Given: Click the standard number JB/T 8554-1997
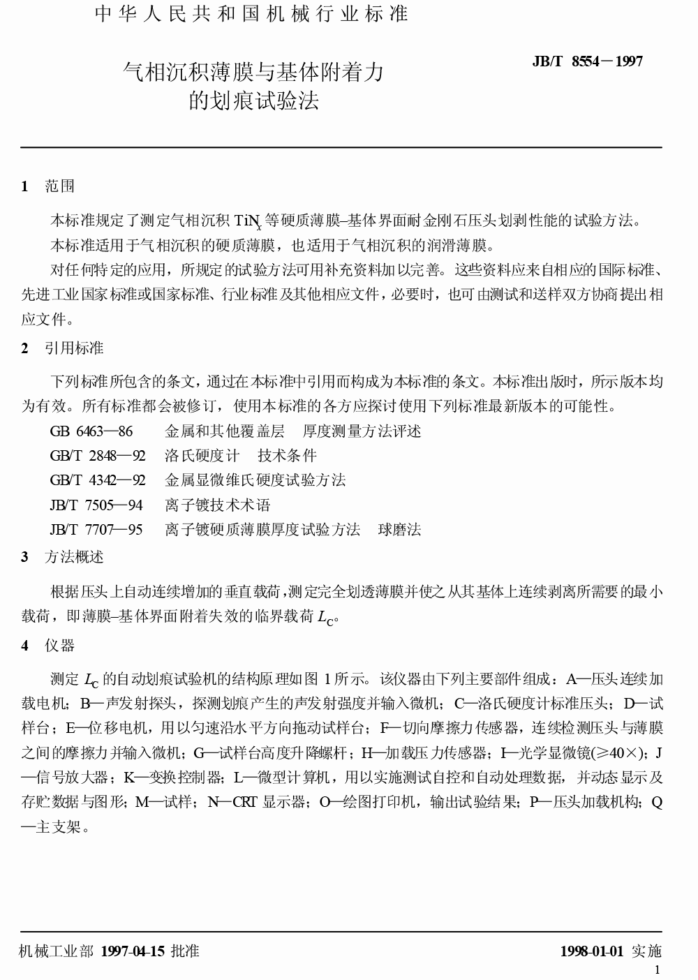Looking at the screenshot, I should [587, 61].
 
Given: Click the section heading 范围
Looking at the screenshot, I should [59, 186].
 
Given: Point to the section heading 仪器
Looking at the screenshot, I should [59, 646].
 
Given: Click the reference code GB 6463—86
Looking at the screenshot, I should [91, 431].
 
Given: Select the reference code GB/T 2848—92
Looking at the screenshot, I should [98, 456].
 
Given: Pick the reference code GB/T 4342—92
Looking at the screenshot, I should [98, 480].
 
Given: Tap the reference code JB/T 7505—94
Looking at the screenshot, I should [96, 505].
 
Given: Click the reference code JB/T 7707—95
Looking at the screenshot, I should [96, 530].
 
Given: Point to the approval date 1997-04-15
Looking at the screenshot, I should [133, 951].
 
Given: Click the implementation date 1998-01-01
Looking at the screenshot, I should [591, 951].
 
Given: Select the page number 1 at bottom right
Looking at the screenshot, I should [657, 970].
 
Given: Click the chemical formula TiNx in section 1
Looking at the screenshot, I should [248, 222].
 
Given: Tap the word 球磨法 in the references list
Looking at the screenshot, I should [399, 530].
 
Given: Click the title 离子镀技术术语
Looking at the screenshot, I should [217, 505].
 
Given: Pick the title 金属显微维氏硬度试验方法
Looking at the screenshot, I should [255, 480].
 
